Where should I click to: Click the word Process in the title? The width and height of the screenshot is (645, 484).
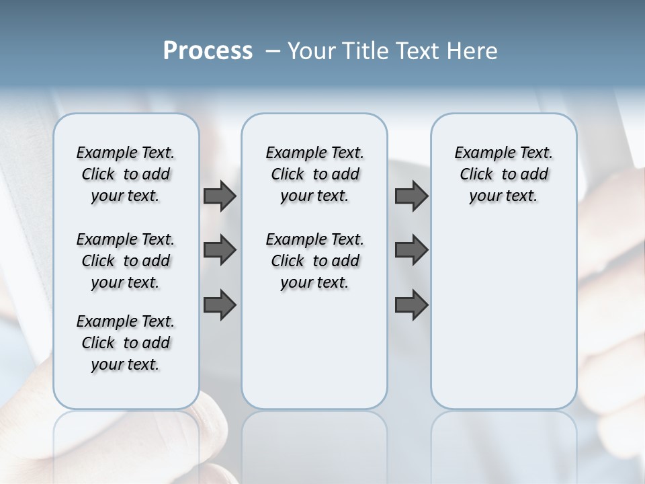207,51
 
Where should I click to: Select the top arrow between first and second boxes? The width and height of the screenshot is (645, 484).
220,196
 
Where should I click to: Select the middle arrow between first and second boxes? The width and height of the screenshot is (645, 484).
220,250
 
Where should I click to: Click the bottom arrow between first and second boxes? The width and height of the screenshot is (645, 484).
220,305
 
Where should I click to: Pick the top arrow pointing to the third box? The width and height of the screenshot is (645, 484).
411,196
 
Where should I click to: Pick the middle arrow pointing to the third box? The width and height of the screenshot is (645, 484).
411,250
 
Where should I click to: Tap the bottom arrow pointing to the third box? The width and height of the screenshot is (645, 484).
411,305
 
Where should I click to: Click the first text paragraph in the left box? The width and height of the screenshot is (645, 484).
126,174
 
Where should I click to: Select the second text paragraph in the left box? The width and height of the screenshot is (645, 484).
126,261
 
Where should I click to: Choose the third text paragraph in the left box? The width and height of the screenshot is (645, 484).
126,343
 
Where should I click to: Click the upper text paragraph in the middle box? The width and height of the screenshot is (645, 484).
314,174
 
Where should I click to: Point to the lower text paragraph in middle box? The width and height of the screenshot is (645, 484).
314,261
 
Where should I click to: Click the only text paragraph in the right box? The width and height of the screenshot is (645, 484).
503,174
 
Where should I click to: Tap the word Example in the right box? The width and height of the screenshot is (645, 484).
479,153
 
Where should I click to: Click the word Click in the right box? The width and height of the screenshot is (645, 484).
476,175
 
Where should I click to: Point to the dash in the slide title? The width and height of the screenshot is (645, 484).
273,52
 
